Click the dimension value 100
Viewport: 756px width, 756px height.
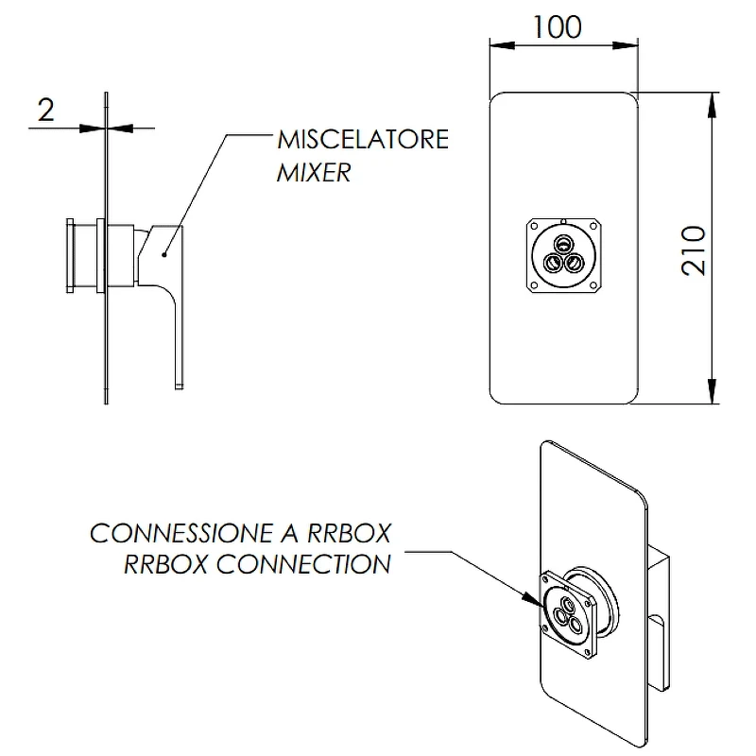coord(557,27)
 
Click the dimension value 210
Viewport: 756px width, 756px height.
coord(694,250)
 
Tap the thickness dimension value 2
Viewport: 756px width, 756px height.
coord(45,111)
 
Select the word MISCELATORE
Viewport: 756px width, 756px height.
coord(363,139)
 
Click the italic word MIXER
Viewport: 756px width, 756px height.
coord(314,172)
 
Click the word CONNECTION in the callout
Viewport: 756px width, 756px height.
coord(303,564)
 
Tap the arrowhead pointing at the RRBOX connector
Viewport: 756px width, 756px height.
coord(533,598)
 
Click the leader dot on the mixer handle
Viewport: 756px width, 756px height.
coord(164,254)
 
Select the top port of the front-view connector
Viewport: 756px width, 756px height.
coord(562,244)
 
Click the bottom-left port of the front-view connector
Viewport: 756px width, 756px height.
coord(553,264)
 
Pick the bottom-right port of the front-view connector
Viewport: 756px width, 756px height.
coord(574,264)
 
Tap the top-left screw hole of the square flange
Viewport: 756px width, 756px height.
coord(534,226)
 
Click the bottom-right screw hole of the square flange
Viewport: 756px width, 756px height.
coord(593,286)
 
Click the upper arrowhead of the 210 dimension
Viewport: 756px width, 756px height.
coord(712,105)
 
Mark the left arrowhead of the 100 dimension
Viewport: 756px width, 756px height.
coord(503,45)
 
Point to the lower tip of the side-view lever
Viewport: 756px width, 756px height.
coord(179,387)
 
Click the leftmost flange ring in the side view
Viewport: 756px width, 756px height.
coord(70,255)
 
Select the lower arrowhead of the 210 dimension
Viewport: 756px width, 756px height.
coord(712,391)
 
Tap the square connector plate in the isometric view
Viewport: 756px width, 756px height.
coord(567,613)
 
